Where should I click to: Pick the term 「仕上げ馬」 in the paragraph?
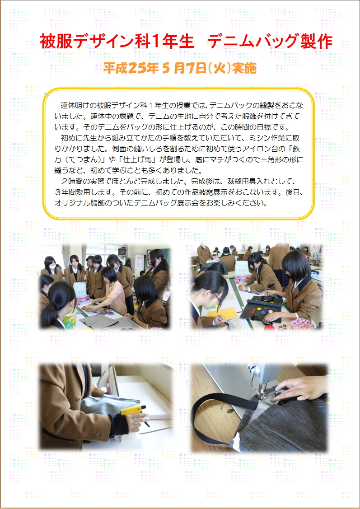pyautogui.click(x=140, y=159)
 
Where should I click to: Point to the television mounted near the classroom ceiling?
pyautogui.click(x=122, y=251)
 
